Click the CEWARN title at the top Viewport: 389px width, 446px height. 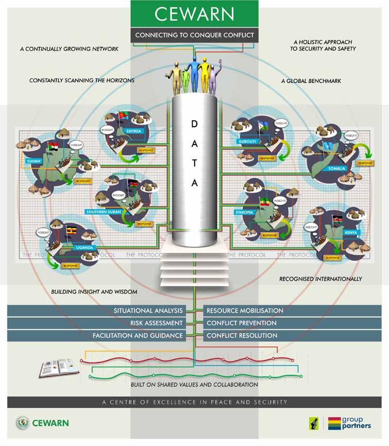(194, 14)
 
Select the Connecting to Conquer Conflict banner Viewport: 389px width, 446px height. (194, 36)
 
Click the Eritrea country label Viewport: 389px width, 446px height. (136, 131)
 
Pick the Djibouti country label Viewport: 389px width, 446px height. (243, 140)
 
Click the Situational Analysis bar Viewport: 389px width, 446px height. (148, 311)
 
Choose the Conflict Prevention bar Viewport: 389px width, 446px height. (241, 323)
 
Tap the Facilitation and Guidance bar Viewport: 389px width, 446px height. (138, 335)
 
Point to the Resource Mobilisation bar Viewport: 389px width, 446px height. (245, 311)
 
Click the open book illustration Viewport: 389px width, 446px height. (59, 367)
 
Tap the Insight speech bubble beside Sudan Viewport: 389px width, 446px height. (76, 145)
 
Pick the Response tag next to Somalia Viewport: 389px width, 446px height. (365, 163)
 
